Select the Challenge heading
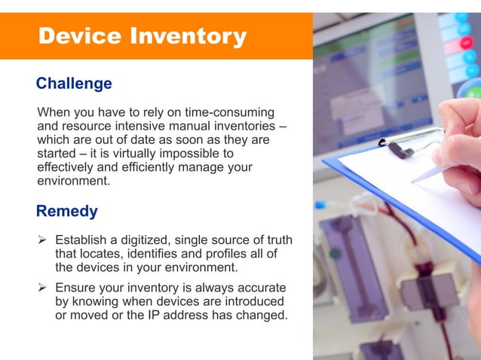click(74, 84)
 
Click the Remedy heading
click(67, 210)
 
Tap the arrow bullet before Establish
click(42, 240)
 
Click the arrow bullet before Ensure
click(42, 288)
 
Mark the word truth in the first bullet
click(277, 240)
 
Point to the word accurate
click(260, 288)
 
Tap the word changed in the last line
click(262, 316)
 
